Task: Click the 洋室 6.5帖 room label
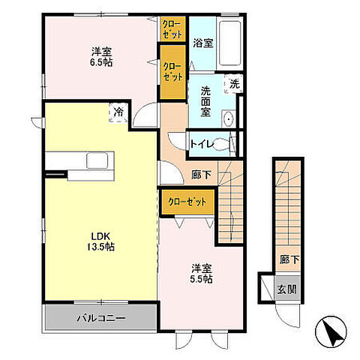point(101,57)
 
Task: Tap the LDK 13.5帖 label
point(100,241)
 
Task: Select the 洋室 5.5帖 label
point(202,274)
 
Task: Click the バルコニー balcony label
point(100,318)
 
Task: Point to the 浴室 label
point(203,43)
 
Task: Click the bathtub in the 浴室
point(230,43)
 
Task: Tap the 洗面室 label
point(205,101)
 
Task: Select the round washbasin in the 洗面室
point(229,119)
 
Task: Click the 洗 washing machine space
point(234,84)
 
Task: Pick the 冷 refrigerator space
point(118,112)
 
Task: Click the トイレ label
point(202,144)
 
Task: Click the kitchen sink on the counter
point(97,160)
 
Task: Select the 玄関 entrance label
point(287,289)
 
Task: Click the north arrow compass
point(331,331)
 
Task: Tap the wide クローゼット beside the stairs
point(187,202)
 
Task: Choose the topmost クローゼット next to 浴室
point(172,28)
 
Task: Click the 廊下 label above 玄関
point(289,260)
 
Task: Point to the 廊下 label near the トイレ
point(202,175)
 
